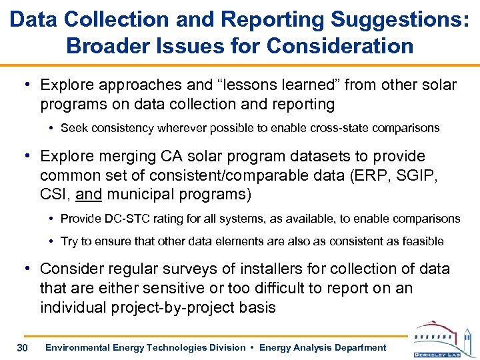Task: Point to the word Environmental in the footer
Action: (78, 347)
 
